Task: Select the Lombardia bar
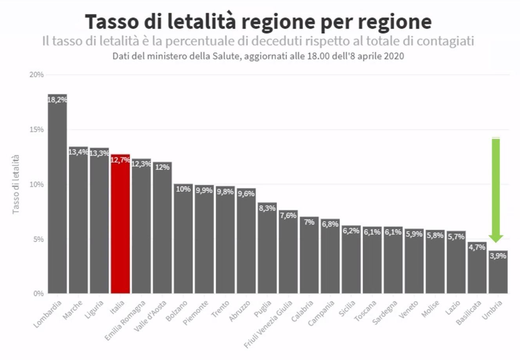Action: coord(57,196)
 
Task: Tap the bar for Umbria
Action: coord(498,274)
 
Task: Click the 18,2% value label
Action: coord(57,99)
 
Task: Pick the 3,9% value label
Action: coord(498,256)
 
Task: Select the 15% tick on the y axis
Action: coord(37,130)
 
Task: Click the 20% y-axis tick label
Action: coord(37,75)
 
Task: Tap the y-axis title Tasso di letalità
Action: coord(16,184)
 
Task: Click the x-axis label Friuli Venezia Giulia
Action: coord(268,324)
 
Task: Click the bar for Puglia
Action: coord(267,251)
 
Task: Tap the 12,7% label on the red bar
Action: coord(120,160)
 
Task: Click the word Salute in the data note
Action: coord(222,56)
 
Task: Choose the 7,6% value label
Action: coord(288,215)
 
